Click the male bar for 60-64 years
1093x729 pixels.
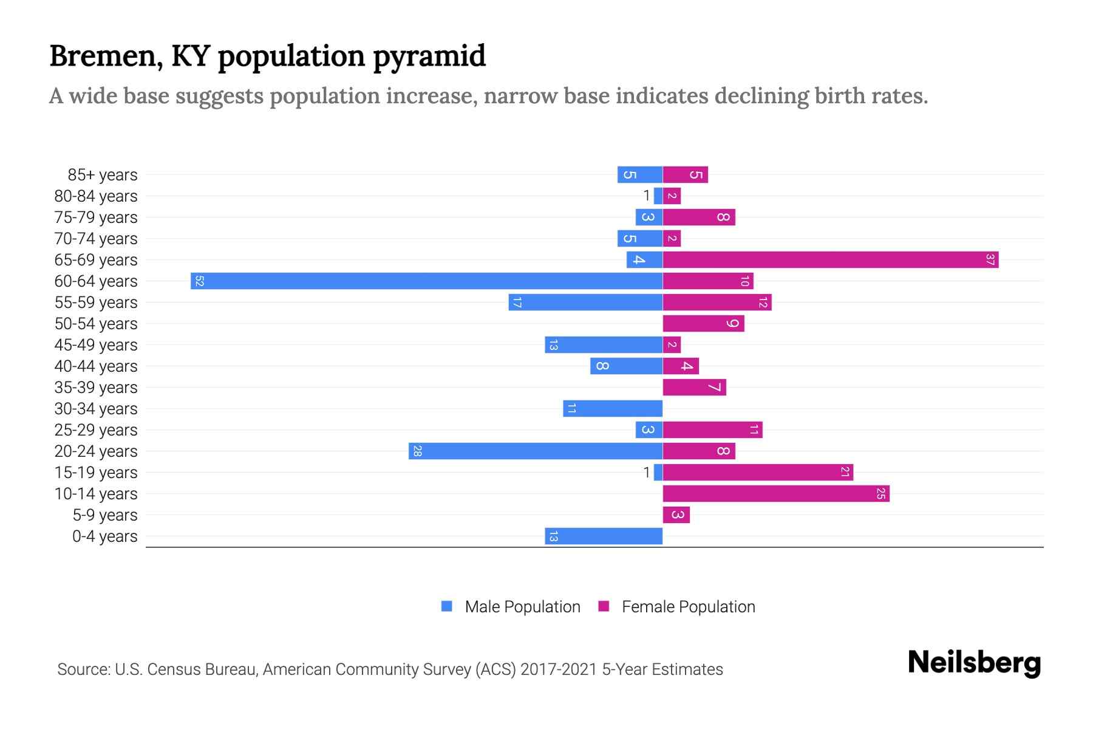426,281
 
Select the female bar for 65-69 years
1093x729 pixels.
830,260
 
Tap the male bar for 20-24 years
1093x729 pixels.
536,451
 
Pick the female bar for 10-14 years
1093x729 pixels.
775,494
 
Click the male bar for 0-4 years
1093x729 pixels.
604,536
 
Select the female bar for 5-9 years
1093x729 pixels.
676,515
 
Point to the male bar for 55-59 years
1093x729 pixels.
585,303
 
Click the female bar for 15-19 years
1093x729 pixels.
757,473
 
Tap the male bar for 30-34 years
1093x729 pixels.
613,409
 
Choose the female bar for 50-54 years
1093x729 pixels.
703,324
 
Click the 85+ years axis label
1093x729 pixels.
103,175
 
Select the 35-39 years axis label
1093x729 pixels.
96,388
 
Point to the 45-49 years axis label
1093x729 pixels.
96,345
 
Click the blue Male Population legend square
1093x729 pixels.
447,606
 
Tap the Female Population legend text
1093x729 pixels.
688,607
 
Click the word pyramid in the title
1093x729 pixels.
429,56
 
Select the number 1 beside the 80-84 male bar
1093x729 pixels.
647,196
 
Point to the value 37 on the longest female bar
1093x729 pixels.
990,260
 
